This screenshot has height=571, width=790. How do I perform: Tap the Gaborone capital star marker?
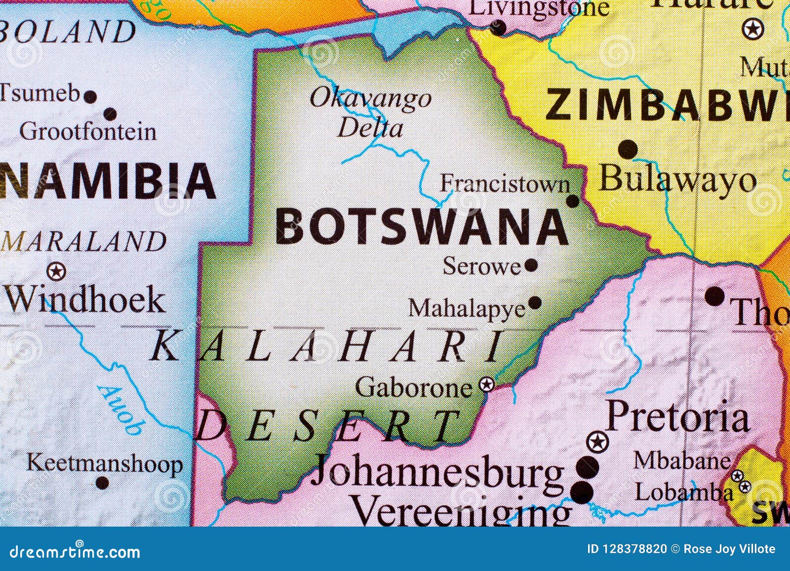(x=487, y=384)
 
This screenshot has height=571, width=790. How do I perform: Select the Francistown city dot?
(x=572, y=201)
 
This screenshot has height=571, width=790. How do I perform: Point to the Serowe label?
(x=481, y=266)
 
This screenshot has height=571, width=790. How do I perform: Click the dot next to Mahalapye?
(x=535, y=303)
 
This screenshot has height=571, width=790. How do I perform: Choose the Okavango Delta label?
(x=370, y=113)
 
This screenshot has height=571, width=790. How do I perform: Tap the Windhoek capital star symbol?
(x=56, y=271)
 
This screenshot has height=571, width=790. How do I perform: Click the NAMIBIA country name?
(x=108, y=181)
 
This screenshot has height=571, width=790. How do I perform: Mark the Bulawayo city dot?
(x=628, y=149)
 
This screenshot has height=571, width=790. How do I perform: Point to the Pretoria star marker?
(x=597, y=441)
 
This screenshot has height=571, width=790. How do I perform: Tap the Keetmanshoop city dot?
(x=102, y=483)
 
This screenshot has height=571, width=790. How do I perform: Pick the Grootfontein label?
(x=88, y=132)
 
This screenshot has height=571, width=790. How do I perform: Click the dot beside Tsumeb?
(x=90, y=96)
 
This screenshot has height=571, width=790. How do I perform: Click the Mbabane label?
(x=681, y=460)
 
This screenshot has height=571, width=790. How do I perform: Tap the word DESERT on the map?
(x=326, y=426)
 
